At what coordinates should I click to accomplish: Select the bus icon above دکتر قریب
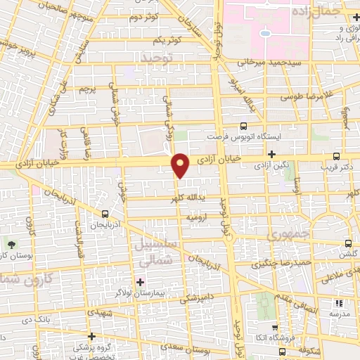pyautogui.click(x=336, y=156)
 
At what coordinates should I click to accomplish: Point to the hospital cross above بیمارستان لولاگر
pyautogui.click(x=140, y=281)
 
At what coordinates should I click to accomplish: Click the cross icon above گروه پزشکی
pyautogui.click(x=91, y=336)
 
